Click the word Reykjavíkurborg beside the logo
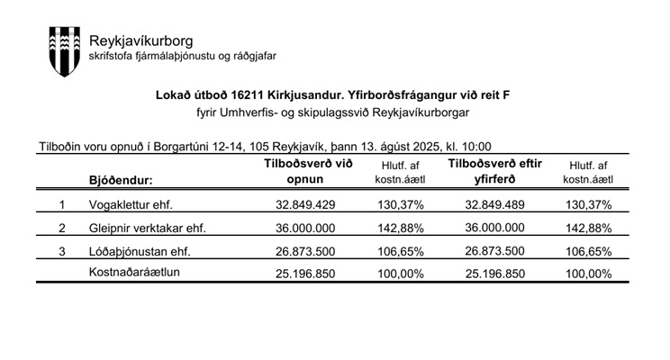140,40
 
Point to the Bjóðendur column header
122,180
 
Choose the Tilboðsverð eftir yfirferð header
493,171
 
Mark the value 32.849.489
493,204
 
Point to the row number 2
62,228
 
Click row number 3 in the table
62,251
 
